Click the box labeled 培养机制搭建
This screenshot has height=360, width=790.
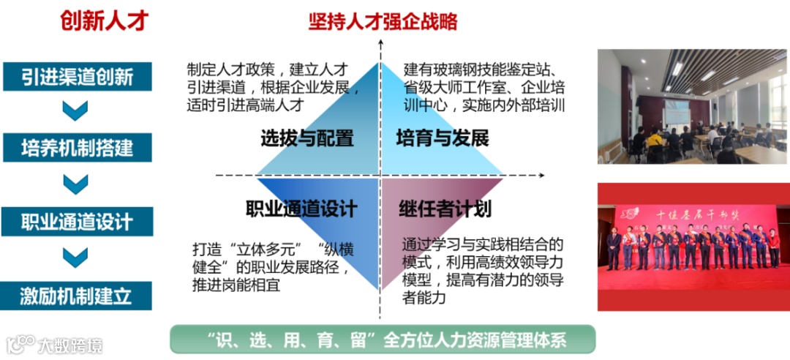[78, 147]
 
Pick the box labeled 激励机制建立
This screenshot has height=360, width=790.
[78, 296]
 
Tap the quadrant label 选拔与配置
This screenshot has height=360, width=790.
[306, 138]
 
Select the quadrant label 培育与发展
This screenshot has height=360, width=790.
[442, 138]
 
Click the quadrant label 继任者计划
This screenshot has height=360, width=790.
[444, 209]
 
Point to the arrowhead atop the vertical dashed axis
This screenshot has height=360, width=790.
[380, 46]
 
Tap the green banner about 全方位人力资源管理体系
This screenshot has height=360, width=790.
[383, 339]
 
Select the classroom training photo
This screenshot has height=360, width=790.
[693, 106]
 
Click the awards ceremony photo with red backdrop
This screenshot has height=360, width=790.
[693, 246]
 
